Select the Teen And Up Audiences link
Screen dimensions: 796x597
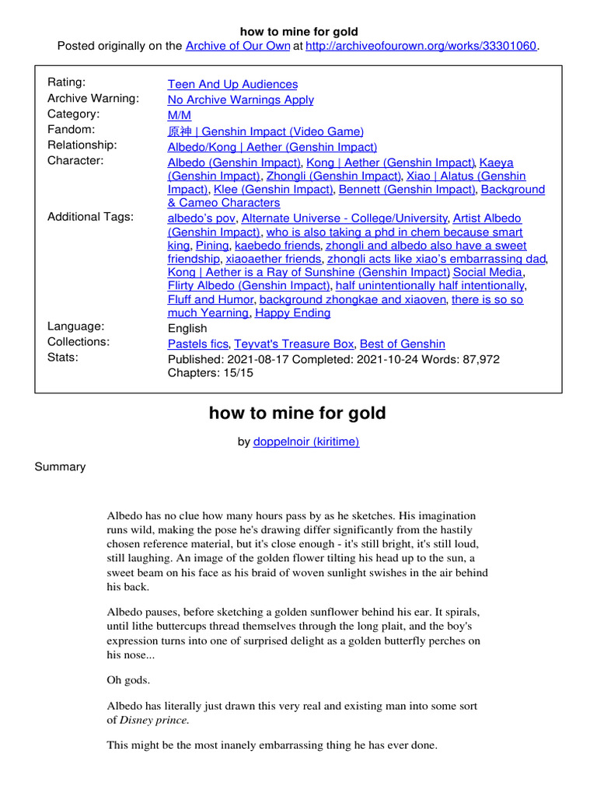[232, 84]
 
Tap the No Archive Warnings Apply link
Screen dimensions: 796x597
[240, 99]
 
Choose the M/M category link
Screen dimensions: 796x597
[180, 115]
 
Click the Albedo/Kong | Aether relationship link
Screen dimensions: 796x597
[272, 146]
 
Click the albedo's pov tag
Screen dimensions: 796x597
[202, 218]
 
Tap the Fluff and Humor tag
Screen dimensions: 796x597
[210, 299]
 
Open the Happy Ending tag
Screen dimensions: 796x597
[292, 313]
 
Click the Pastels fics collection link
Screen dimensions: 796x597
[197, 344]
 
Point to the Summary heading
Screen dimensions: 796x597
[60, 467]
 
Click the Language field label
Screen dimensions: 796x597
[75, 326]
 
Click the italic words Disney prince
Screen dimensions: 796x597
[153, 720]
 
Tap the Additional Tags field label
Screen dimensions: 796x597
[90, 217]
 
